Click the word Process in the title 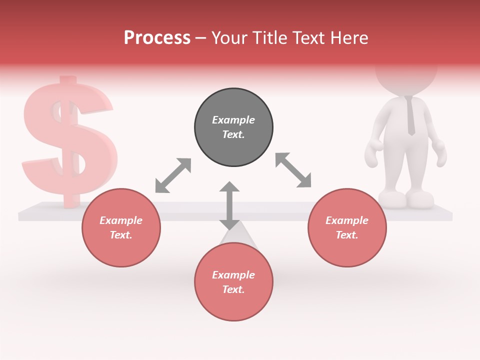click(157, 38)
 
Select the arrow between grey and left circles click(173, 175)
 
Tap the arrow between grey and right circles click(293, 170)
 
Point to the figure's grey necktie click(410, 115)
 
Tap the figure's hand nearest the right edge click(439, 153)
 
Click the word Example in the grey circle click(233, 120)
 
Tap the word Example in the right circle click(347, 220)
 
